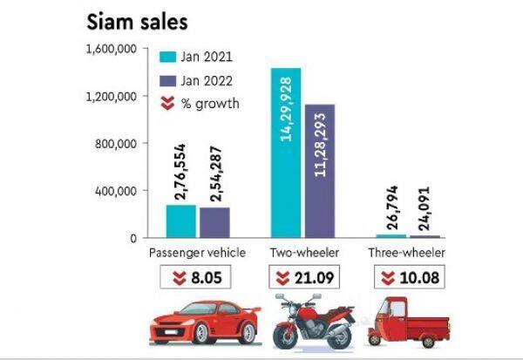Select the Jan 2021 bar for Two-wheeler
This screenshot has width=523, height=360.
(x=286, y=152)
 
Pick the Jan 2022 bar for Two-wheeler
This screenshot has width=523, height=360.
(x=320, y=170)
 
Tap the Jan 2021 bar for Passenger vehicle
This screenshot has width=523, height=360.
(x=180, y=221)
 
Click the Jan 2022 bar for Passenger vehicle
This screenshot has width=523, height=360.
(x=214, y=221)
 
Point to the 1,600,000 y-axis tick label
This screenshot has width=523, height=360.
(x=111, y=49)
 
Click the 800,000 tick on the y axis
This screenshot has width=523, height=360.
(x=116, y=143)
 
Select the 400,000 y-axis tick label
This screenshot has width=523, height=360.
(x=116, y=190)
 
